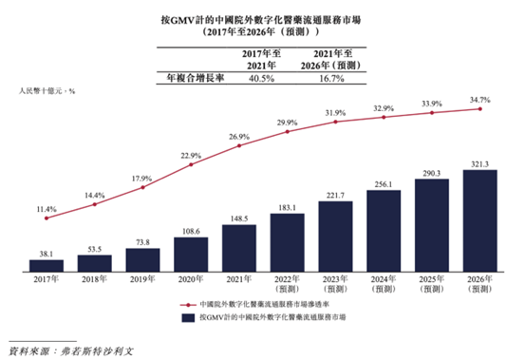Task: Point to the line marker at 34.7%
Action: (x=480, y=109)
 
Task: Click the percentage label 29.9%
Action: (x=287, y=124)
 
